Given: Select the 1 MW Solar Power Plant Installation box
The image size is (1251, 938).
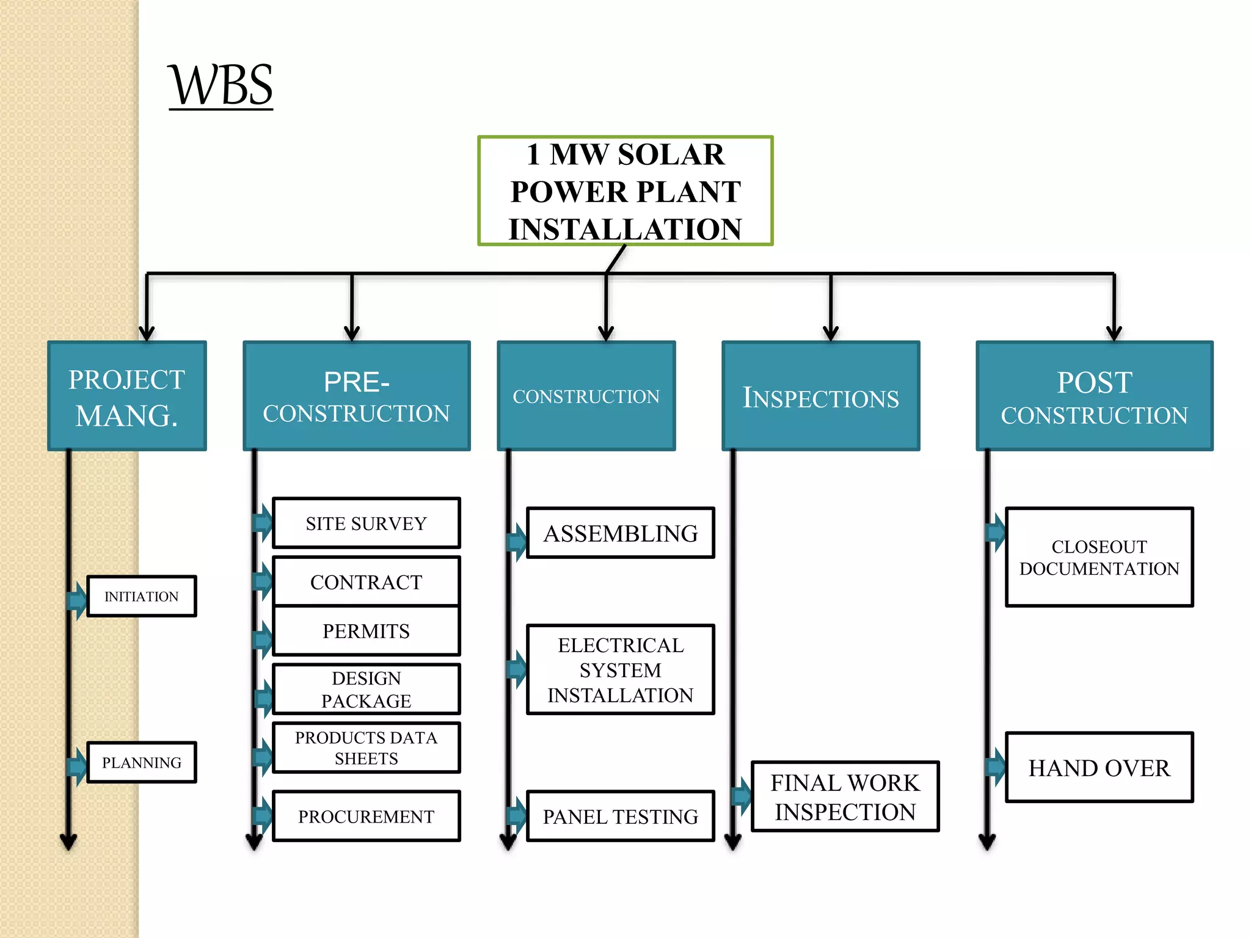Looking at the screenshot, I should coord(625,191).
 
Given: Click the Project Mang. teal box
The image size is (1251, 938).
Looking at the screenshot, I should coord(127,396).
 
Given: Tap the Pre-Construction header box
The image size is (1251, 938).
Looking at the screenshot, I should coord(357,396).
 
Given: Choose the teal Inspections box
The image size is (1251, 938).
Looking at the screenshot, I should coord(820,396).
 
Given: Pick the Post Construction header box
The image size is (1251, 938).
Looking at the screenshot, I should coord(1094,396).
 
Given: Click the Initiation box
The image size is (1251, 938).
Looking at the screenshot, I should coord(142,596).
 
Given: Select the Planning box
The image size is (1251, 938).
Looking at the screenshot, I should coord(142,762).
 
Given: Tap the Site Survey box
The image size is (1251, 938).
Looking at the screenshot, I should coord(366,523).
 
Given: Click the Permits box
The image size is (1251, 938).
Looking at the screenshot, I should coord(366,631).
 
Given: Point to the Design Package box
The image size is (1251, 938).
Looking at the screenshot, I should coord(366,689).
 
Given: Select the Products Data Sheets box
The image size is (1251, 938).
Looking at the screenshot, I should coord(366,748).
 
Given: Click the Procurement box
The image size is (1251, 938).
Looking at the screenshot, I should coord(366,816).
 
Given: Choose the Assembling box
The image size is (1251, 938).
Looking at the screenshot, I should coord(620,533).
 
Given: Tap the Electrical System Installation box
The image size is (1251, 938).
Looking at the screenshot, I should coord(620,670).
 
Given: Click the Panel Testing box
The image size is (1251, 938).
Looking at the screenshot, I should coord(620,816).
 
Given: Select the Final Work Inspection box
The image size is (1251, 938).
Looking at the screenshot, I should coord(845,797).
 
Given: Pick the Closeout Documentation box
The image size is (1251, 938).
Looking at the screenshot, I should coord(1099,557).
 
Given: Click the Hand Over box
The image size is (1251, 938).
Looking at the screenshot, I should coord(1099,768).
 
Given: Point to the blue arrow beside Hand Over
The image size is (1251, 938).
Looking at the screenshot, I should coord(996,767).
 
